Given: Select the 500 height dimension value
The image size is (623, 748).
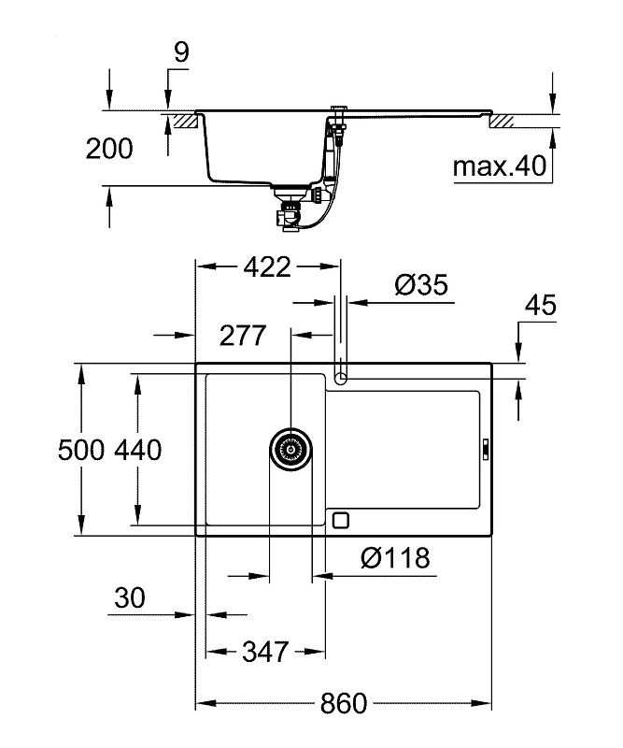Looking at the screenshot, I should [x=80, y=450].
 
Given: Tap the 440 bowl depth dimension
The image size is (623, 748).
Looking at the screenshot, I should [x=138, y=450].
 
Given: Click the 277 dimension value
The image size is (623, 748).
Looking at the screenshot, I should [x=243, y=334].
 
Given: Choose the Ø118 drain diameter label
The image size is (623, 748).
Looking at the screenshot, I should [x=395, y=558].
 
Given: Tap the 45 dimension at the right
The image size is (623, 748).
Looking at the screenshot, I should [x=539, y=306].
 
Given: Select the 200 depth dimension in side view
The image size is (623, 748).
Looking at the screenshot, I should [x=108, y=148].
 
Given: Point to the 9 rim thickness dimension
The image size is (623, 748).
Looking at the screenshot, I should [x=180, y=52].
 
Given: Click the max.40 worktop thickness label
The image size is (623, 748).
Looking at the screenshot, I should [x=499, y=167].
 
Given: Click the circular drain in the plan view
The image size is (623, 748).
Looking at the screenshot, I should [x=290, y=449].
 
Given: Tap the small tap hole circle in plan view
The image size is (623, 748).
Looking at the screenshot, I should [x=342, y=377].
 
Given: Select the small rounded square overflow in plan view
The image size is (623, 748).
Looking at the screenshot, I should [x=341, y=520].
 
